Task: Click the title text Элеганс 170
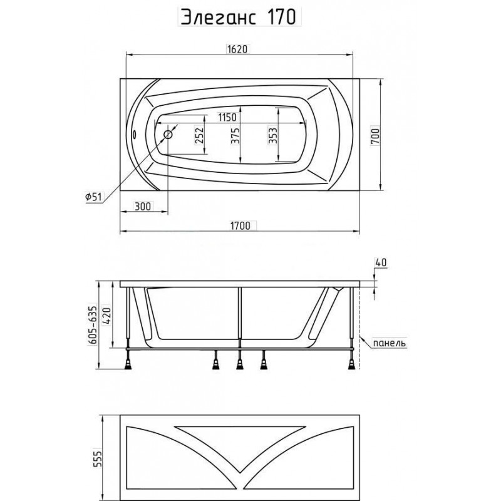pyautogui.click(x=239, y=17)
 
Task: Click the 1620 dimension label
pyautogui.click(x=237, y=49)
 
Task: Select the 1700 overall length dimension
pyautogui.click(x=240, y=225)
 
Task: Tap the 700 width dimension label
pyautogui.click(x=375, y=137)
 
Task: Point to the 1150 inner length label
pyautogui.click(x=227, y=117)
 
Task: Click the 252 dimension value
pyautogui.click(x=199, y=136)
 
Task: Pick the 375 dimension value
pyautogui.click(x=235, y=136)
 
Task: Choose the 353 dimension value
pyautogui.click(x=272, y=136)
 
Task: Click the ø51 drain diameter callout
pyautogui.click(x=93, y=197)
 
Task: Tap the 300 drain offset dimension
pyautogui.click(x=143, y=207)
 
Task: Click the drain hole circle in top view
pyautogui.click(x=168, y=135)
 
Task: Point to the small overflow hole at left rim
pyautogui.click(x=134, y=134)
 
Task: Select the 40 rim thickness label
pyautogui.click(x=381, y=262)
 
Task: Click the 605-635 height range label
pyautogui.click(x=92, y=325)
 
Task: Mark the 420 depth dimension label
pyautogui.click(x=107, y=316)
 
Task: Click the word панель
pyautogui.click(x=390, y=343)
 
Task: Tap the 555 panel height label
pyautogui.click(x=98, y=458)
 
